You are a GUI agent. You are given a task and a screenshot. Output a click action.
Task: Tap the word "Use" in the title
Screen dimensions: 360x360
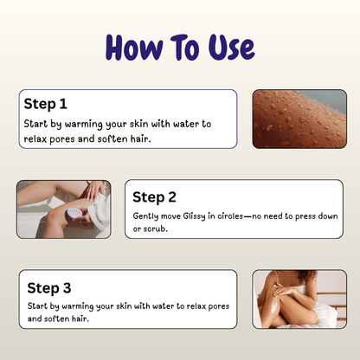(227, 48)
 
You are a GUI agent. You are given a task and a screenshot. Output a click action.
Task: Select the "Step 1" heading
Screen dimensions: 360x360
(46, 104)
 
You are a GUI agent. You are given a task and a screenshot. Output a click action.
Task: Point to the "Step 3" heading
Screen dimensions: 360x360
(49, 287)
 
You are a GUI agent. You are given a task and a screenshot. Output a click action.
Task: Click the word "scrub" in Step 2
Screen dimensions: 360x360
(153, 228)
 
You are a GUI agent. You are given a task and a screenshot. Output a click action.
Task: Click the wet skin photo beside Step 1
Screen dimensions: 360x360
(299, 119)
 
